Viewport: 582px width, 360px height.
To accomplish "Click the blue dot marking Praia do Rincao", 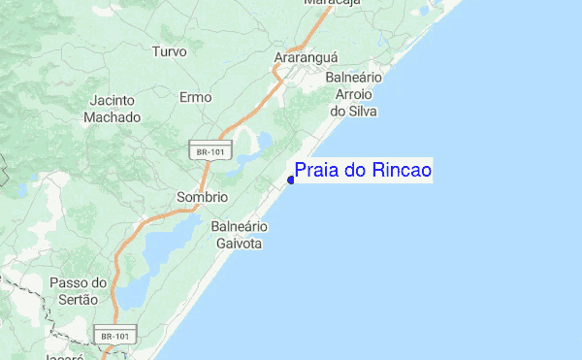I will point(291,179).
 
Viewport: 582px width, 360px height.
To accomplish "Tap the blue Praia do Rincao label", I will point(363,171).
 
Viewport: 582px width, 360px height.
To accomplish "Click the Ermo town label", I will point(195,97).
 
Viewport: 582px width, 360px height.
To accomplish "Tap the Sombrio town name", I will point(202,197).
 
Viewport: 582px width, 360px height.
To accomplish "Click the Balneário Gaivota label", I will point(239,235).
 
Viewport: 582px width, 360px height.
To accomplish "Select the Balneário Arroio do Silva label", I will point(354,94).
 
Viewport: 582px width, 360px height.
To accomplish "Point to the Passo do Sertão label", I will point(77,291).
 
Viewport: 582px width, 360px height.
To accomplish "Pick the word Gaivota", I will point(239,244).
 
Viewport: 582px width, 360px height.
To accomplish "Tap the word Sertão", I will point(77,300).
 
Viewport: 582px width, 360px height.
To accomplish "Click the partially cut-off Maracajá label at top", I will point(332,3).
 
